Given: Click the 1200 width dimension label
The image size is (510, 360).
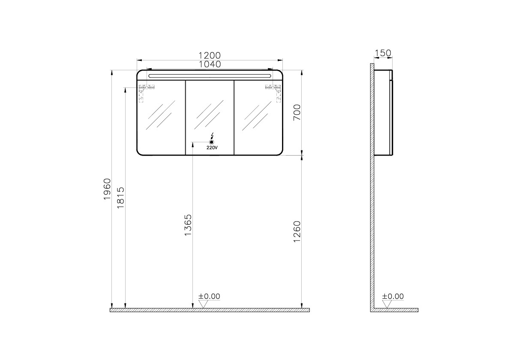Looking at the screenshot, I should [209, 55].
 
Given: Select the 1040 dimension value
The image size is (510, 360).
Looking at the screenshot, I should [209, 64].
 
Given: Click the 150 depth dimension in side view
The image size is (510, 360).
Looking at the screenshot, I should [383, 53].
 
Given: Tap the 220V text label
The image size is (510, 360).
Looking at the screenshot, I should [212, 147].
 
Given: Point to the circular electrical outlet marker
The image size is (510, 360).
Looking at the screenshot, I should [211, 142].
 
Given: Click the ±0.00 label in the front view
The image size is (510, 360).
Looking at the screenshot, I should [209, 296].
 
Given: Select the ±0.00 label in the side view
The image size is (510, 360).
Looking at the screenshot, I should [393, 296].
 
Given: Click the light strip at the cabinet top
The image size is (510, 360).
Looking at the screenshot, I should [210, 75].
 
